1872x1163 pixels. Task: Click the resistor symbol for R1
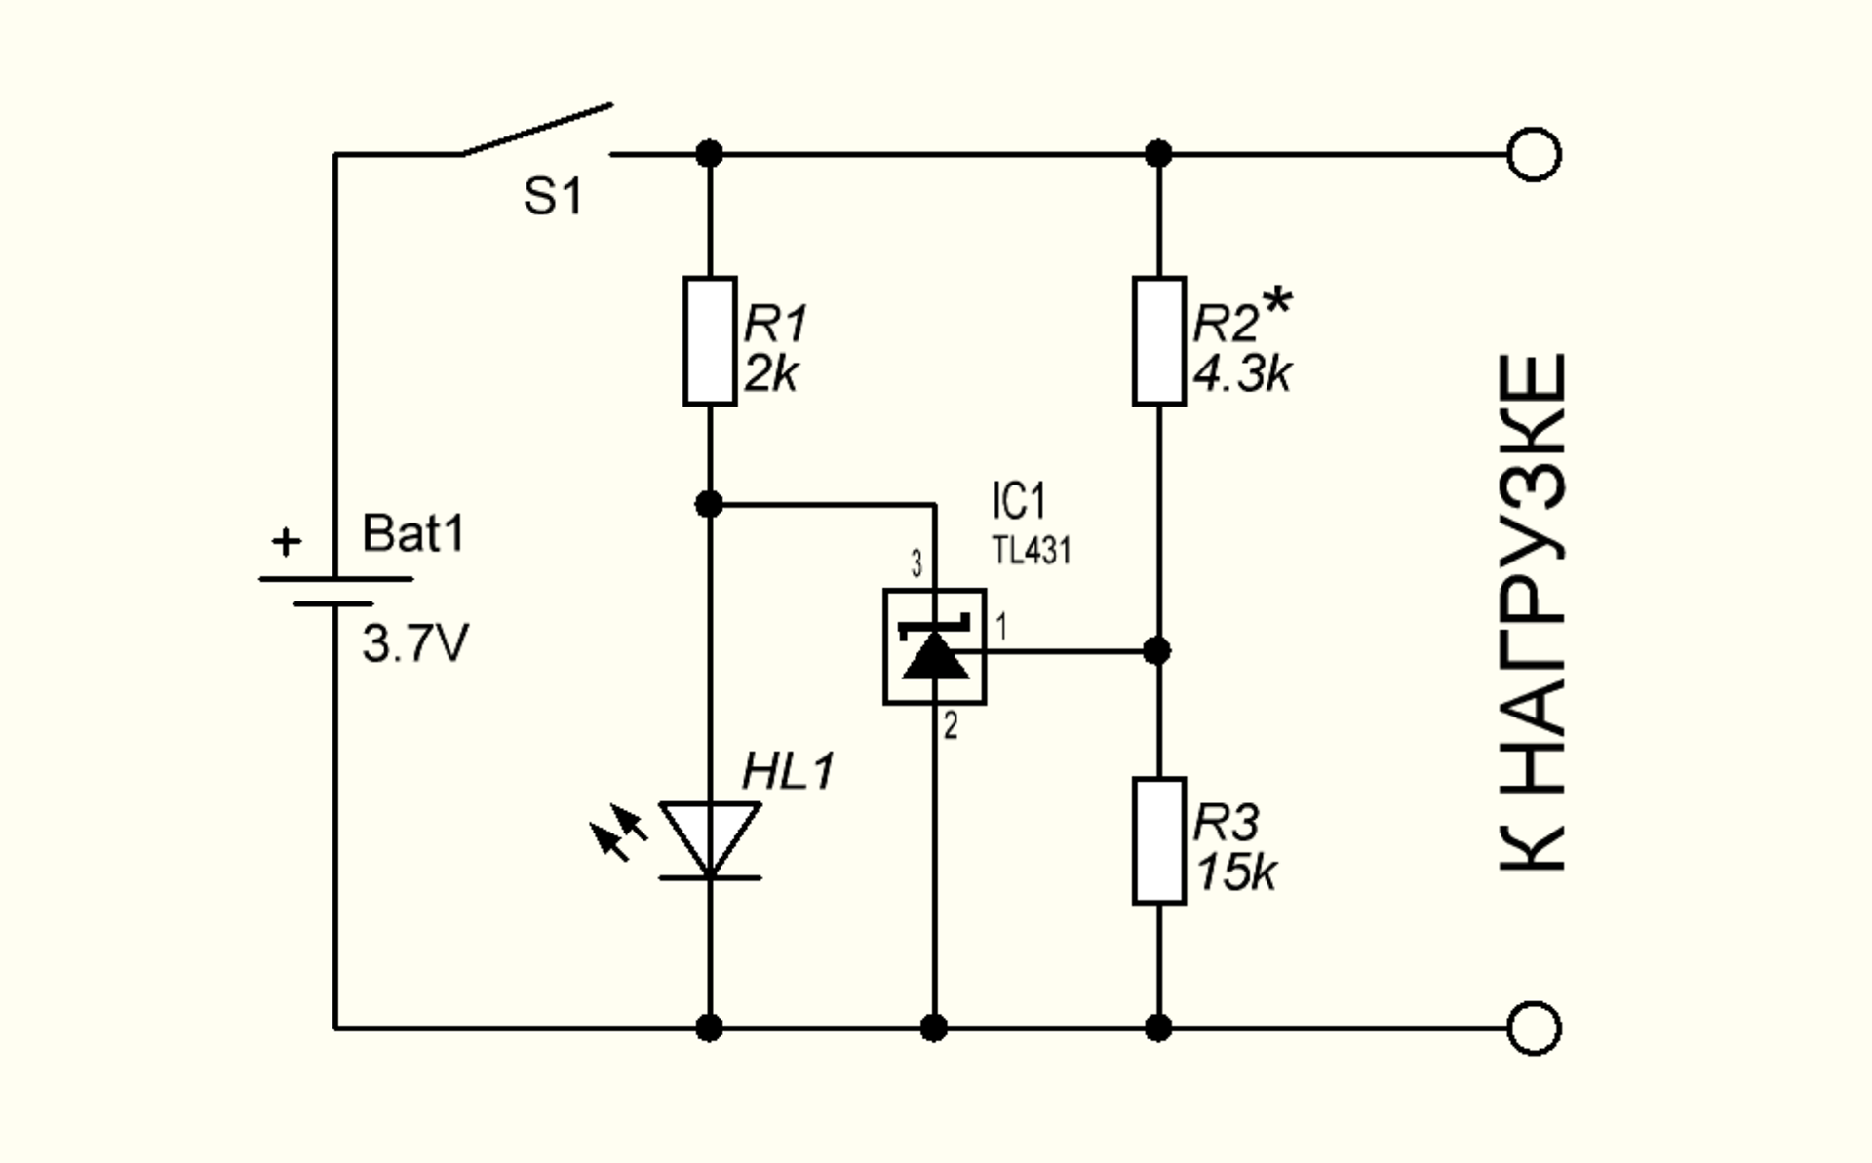pyautogui.click(x=709, y=340)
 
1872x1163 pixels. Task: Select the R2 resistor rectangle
pyautogui.click(x=1158, y=340)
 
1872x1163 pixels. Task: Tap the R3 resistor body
pyautogui.click(x=1158, y=840)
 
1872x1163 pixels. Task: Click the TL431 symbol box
pyautogui.click(x=934, y=646)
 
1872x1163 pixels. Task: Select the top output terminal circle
pyautogui.click(x=1534, y=154)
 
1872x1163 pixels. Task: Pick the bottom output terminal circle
pyautogui.click(x=1534, y=1027)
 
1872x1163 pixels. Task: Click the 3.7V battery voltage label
pyautogui.click(x=415, y=644)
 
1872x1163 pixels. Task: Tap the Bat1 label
pyautogui.click(x=413, y=534)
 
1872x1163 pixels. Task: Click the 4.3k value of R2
pyautogui.click(x=1242, y=374)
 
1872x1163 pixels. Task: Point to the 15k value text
pyautogui.click(x=1235, y=872)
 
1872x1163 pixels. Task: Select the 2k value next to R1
pyautogui.click(x=770, y=374)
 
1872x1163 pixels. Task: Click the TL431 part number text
pyautogui.click(x=1032, y=551)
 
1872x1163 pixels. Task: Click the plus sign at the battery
pyautogui.click(x=286, y=542)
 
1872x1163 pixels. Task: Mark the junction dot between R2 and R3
pyautogui.click(x=1157, y=650)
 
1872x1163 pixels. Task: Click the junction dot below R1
pyautogui.click(x=709, y=504)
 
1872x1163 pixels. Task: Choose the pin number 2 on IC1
pyautogui.click(x=951, y=725)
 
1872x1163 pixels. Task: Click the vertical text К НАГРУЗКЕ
pyautogui.click(x=1533, y=612)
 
